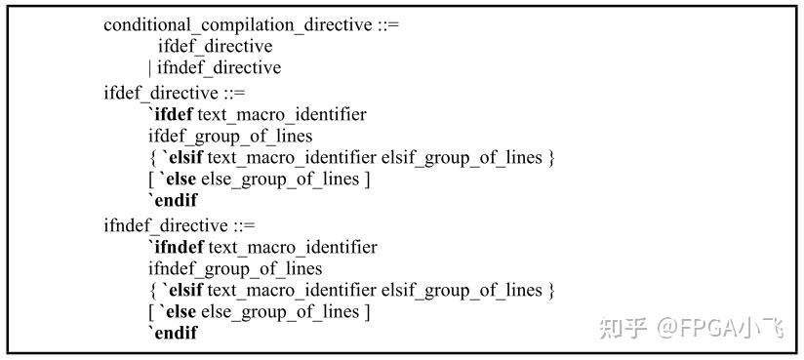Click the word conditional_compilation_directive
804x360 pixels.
point(237,25)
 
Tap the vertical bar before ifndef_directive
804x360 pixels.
point(150,68)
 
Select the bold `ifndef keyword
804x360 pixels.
point(182,247)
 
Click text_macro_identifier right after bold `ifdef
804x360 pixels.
point(289,114)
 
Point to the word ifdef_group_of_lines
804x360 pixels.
point(230,137)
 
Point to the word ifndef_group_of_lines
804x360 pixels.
point(235,268)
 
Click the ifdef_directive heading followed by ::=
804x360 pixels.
point(161,93)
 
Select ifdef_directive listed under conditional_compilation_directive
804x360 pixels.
point(215,46)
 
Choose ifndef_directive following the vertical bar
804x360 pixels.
point(219,68)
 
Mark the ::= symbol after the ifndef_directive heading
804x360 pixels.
point(241,225)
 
